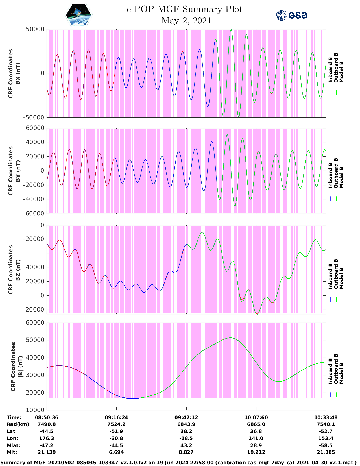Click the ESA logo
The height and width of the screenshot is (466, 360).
[x=292, y=15]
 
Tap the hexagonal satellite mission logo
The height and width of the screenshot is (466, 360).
[x=79, y=15]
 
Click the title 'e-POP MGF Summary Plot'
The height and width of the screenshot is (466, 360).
[x=184, y=9]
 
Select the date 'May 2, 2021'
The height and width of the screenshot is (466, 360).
[x=186, y=21]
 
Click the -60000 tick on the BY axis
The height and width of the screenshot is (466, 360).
[x=34, y=213]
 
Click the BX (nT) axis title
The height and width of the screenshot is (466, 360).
[x=18, y=73]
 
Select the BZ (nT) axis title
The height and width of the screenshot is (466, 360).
[x=18, y=270]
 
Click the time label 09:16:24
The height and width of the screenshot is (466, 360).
[x=116, y=417]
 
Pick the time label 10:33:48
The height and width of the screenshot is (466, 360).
[x=326, y=417]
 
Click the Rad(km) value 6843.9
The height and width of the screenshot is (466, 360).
[x=186, y=424]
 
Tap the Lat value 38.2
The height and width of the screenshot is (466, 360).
[x=186, y=431]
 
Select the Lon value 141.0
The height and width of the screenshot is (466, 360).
[x=256, y=438]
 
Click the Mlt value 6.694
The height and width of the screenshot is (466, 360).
[x=116, y=452]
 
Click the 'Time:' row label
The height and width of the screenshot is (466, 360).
[x=14, y=417]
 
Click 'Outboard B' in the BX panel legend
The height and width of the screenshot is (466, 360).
[x=336, y=68]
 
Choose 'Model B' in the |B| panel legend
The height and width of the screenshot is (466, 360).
[x=341, y=373]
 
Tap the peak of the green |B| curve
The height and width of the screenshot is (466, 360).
[x=230, y=338]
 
